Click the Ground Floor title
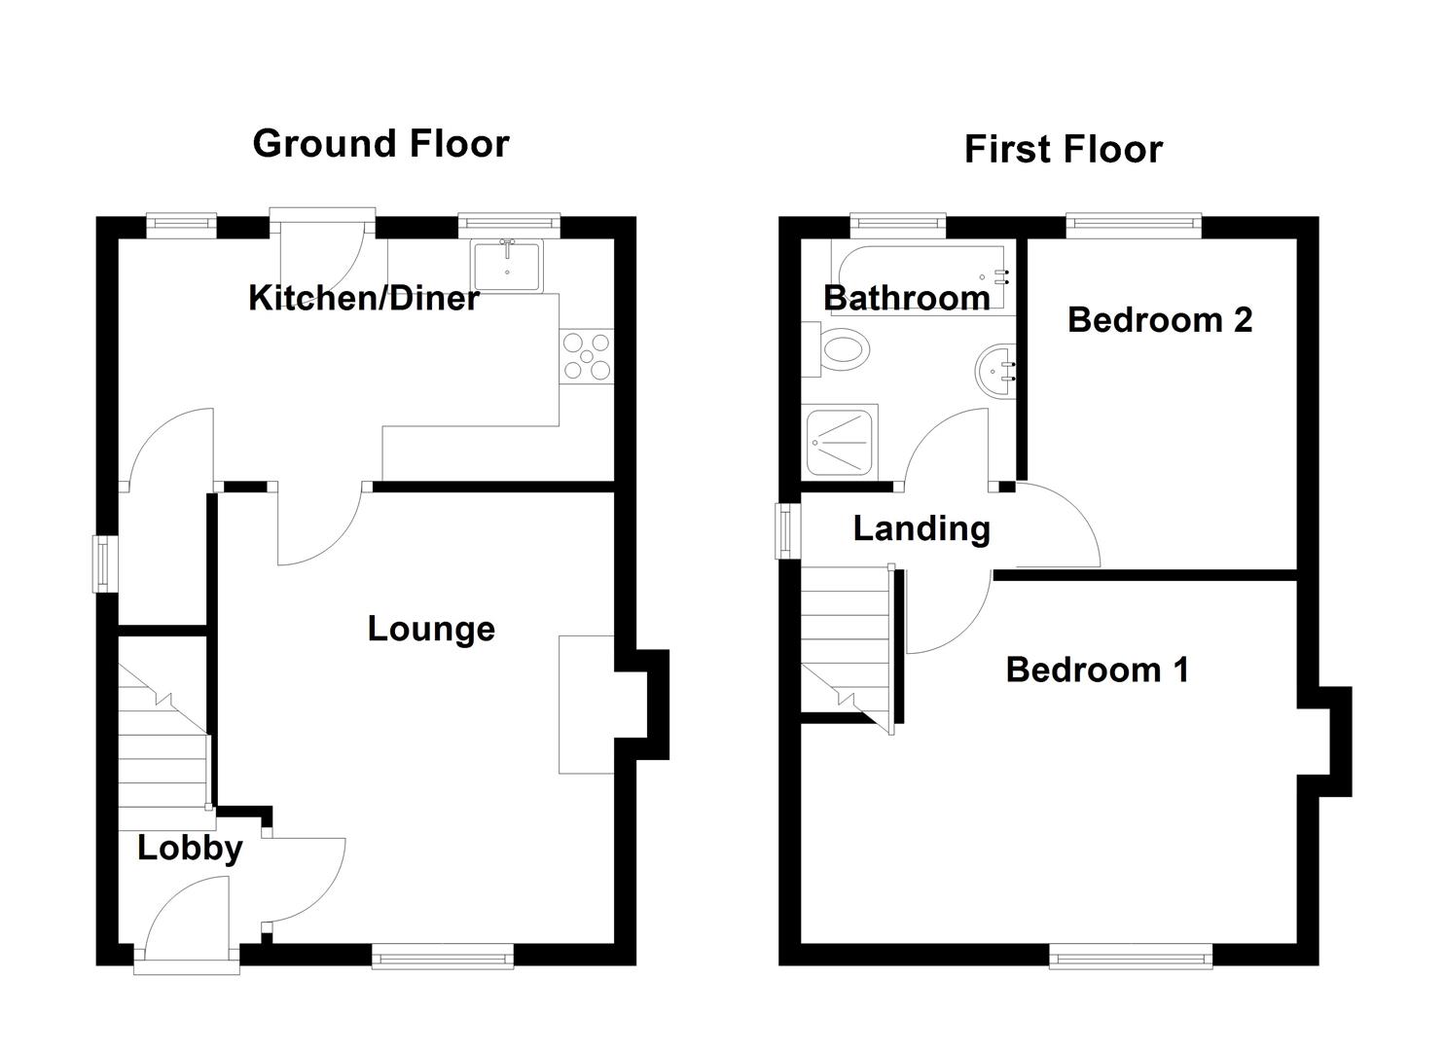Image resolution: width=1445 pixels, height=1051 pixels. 380,144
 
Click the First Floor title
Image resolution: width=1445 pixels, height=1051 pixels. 1063,150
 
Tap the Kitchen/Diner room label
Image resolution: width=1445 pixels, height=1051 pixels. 363,298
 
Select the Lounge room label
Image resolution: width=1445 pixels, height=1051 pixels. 431,629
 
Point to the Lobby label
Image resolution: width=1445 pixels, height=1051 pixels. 190,848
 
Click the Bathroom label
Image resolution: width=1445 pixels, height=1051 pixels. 906,297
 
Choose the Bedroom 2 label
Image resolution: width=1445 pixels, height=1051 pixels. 1159,319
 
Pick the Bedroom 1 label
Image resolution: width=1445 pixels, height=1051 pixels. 1097,670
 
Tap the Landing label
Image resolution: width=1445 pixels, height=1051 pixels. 921,528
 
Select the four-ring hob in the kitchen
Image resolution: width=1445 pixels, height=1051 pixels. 587,356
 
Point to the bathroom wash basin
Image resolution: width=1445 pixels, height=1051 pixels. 995,370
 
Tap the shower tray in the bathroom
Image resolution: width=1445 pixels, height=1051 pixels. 841,441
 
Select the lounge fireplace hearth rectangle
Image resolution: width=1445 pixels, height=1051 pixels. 586,705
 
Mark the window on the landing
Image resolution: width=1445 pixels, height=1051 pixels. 785,530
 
